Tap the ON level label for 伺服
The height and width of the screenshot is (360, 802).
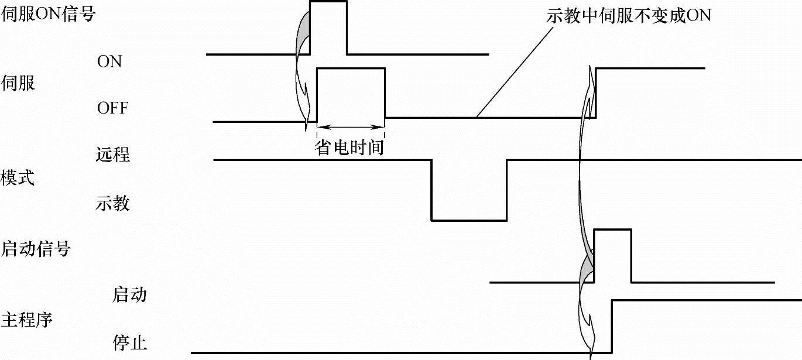coord(109,61)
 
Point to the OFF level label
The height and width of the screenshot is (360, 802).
coord(112,108)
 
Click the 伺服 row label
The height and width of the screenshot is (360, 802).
coord(19,83)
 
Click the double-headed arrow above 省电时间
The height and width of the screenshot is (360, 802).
coord(351,126)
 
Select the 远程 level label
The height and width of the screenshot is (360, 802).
coord(112,156)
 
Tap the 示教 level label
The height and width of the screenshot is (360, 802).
coord(112,204)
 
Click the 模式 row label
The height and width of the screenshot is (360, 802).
coord(18,178)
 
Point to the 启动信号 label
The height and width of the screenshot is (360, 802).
coord(36,249)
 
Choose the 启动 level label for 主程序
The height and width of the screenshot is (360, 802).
coord(129,294)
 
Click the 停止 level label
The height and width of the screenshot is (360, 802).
coord(129,342)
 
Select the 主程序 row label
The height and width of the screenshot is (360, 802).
coord(27,320)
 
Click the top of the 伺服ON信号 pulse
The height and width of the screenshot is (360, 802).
coord(328,2)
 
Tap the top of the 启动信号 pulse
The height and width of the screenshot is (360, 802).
coord(612,230)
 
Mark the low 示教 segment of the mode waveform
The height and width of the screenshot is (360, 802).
coord(469,220)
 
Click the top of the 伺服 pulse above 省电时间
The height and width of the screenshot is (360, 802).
coord(351,69)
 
